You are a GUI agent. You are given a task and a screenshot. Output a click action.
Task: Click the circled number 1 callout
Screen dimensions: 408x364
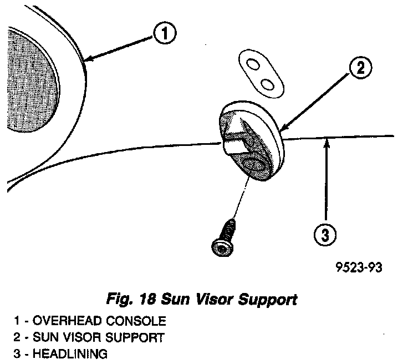[x=166, y=34]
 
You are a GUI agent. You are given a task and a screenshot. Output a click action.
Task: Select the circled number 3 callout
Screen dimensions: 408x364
[x=325, y=235]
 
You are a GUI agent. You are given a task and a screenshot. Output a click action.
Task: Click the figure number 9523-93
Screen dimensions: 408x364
[x=359, y=268]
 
